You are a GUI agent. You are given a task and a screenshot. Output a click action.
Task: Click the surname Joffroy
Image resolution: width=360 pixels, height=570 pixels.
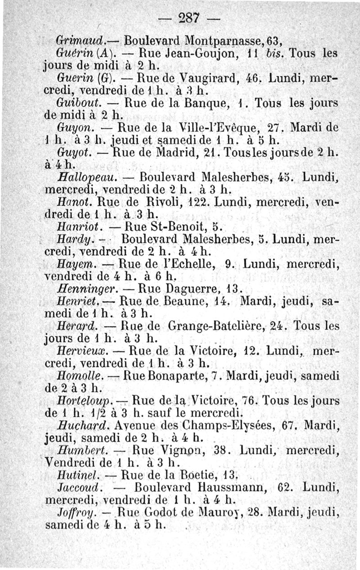pos(76,512)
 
